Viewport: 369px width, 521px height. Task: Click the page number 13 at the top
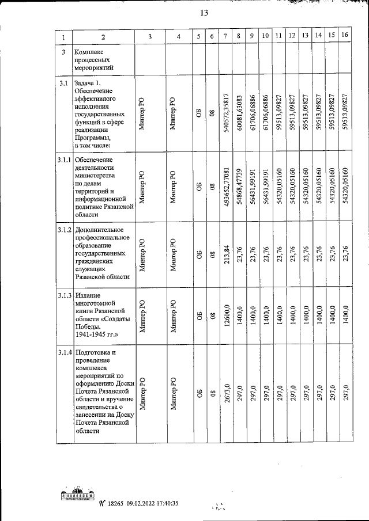tap(204, 13)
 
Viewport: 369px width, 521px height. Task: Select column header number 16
tap(345, 36)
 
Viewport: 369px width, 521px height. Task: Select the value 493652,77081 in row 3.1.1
tap(226, 188)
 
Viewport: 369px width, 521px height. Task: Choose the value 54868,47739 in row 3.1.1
tap(239, 188)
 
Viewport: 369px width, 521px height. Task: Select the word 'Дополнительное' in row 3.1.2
tap(100, 230)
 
